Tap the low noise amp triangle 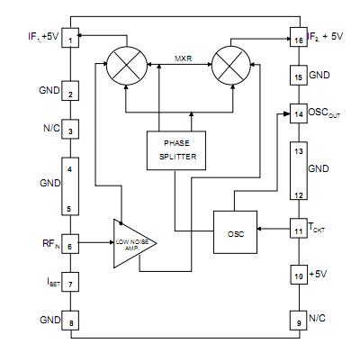[x=133, y=243]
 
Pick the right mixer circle [x=229, y=68]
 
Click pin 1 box [x=70, y=39]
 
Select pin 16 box [x=297, y=40]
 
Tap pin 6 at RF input [x=70, y=243]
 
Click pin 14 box [x=297, y=113]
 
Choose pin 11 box [x=297, y=231]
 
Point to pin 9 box [x=297, y=321]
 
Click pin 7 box [x=70, y=284]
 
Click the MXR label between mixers [x=177, y=59]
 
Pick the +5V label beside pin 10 [x=319, y=273]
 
